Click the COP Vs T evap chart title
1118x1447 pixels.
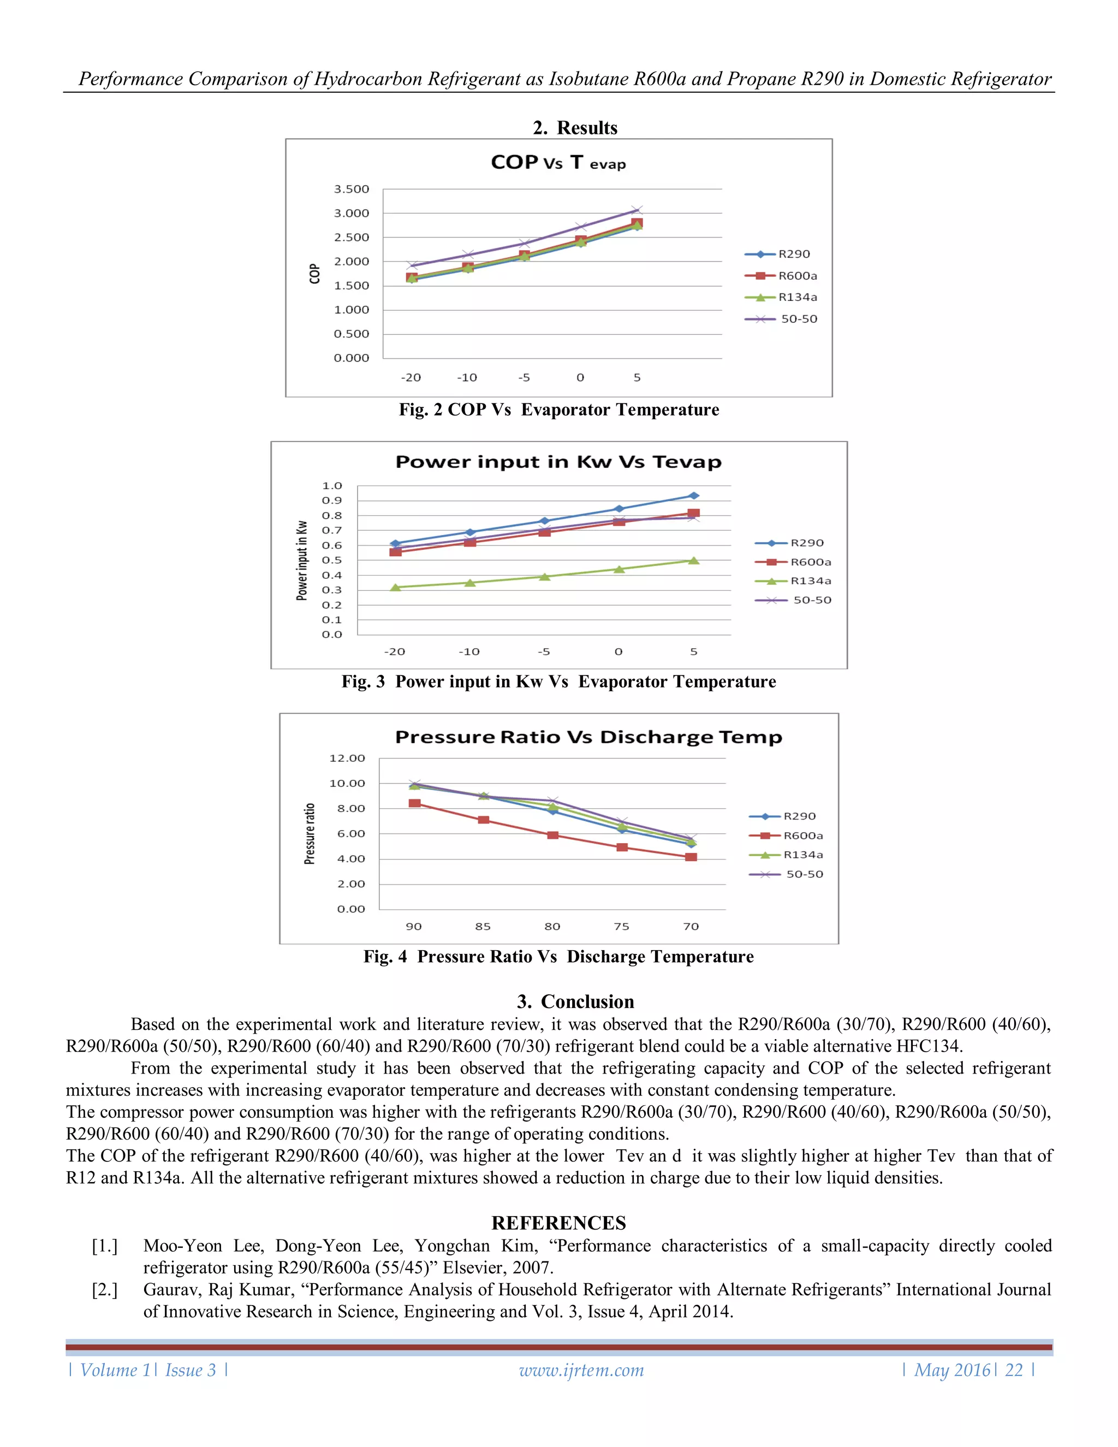[x=558, y=162]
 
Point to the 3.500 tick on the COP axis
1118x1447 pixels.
[x=351, y=189]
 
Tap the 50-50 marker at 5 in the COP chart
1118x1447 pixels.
[x=637, y=210]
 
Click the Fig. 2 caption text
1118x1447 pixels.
[x=558, y=410]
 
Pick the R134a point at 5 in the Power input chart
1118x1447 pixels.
[x=693, y=561]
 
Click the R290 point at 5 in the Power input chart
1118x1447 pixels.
[x=693, y=496]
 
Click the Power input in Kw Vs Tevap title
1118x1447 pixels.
[x=558, y=462]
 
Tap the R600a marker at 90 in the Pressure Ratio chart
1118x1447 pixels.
[x=415, y=803]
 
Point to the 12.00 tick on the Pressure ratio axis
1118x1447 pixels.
[x=347, y=758]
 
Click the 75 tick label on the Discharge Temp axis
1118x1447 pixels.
[x=621, y=926]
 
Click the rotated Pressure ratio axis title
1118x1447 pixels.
[x=310, y=833]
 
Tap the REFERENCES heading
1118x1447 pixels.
[x=558, y=1223]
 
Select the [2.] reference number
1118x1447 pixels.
[x=105, y=1289]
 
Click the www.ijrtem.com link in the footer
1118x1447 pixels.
[x=581, y=1370]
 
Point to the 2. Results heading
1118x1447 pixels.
[x=575, y=127]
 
